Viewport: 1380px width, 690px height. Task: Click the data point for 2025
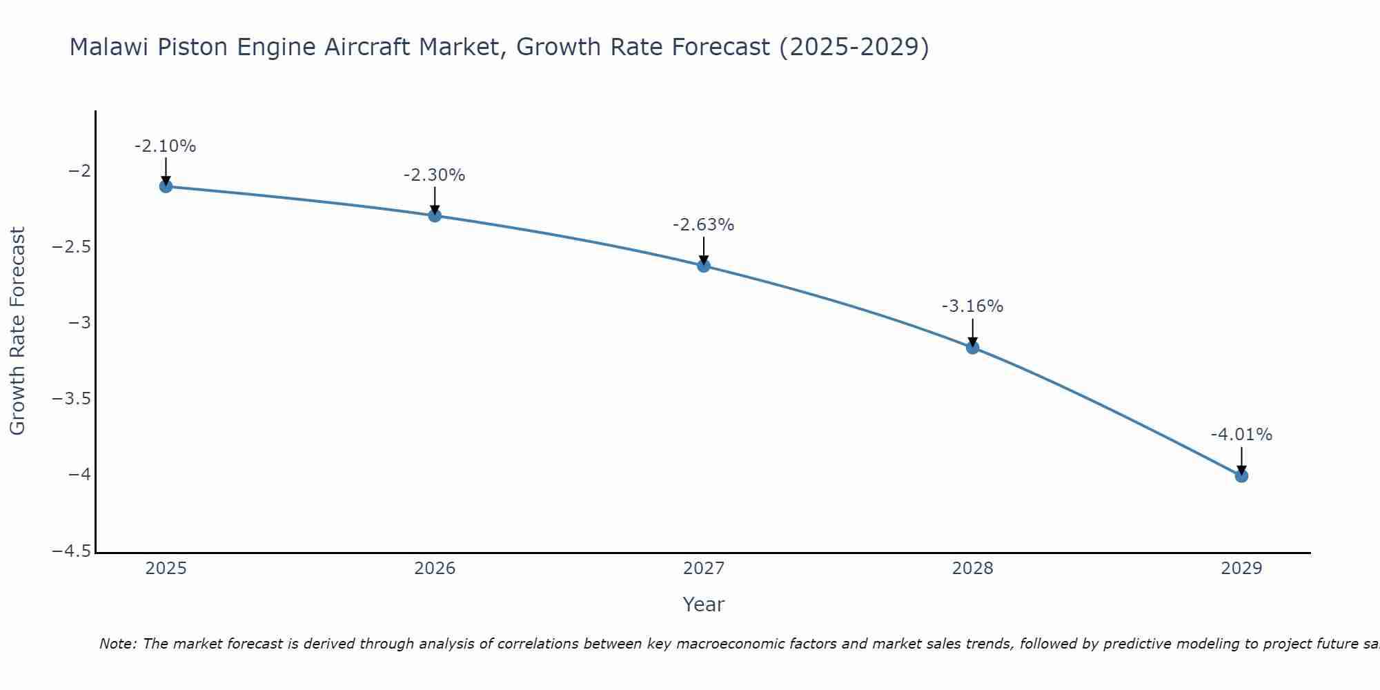[x=166, y=186]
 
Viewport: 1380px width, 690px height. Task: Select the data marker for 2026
[x=435, y=215]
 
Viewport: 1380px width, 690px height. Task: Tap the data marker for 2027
[x=704, y=266]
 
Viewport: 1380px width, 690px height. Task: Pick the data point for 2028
[x=972, y=347]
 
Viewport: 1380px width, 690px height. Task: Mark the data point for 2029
[x=1241, y=475]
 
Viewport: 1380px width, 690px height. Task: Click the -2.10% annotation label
[x=165, y=146]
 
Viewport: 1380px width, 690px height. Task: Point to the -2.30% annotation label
[x=434, y=175]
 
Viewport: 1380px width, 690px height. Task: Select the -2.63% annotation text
[x=703, y=225]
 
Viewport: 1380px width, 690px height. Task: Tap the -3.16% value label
[x=972, y=306]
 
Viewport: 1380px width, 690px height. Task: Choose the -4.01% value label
[x=1241, y=435]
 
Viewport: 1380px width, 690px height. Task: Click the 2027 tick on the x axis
[x=704, y=569]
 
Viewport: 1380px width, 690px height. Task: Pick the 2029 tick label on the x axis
[x=1241, y=569]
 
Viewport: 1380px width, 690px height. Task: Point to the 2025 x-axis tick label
[x=166, y=569]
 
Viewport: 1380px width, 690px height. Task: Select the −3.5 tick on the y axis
[x=72, y=399]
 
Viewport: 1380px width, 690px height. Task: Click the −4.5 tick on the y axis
[x=72, y=551]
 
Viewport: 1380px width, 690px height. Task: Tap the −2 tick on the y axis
[x=79, y=171]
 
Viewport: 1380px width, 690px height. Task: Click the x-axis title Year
[x=703, y=604]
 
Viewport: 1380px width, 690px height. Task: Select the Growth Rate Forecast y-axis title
[x=17, y=331]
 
